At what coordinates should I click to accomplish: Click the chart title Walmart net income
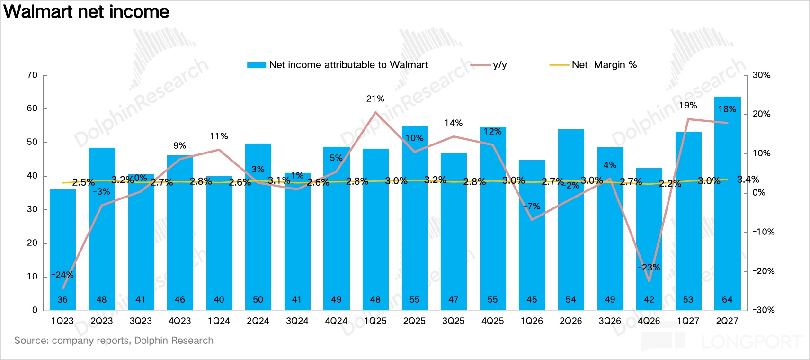pyautogui.click(x=86, y=11)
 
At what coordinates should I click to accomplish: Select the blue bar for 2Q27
pyautogui.click(x=727, y=203)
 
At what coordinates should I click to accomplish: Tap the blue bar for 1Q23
pyautogui.click(x=62, y=250)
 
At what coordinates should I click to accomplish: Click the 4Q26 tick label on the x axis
pyautogui.click(x=649, y=321)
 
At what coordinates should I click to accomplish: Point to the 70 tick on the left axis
pyautogui.click(x=32, y=75)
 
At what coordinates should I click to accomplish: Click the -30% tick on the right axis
pyautogui.click(x=763, y=310)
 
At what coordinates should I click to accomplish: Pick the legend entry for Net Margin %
pyautogui.click(x=593, y=65)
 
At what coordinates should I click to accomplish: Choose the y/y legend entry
pyautogui.click(x=489, y=65)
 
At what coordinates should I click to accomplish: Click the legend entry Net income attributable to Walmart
pyautogui.click(x=338, y=65)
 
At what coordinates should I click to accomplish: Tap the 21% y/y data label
pyautogui.click(x=375, y=99)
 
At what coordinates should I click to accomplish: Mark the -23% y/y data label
pyautogui.click(x=649, y=267)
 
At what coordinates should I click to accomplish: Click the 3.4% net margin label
pyautogui.click(x=748, y=179)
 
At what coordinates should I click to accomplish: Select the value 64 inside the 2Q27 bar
pyautogui.click(x=727, y=299)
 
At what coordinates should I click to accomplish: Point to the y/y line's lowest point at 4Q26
pyautogui.click(x=649, y=281)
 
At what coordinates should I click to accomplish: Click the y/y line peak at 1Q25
pyautogui.click(x=375, y=112)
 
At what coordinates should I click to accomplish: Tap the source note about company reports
pyautogui.click(x=114, y=341)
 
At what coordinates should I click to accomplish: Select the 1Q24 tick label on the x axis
pyautogui.click(x=219, y=321)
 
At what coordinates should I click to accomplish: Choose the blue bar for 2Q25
pyautogui.click(x=415, y=218)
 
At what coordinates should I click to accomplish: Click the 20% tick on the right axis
pyautogui.click(x=762, y=114)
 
